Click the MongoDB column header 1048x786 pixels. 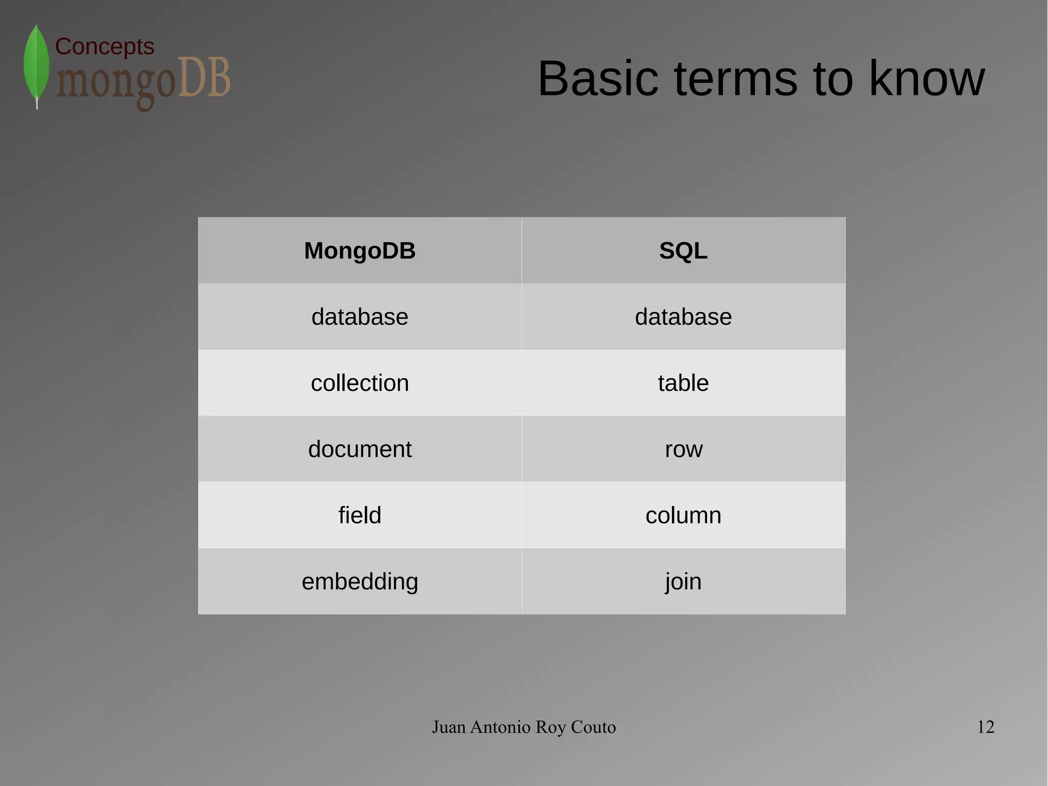pos(360,251)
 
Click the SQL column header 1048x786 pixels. pos(683,251)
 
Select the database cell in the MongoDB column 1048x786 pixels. pos(360,317)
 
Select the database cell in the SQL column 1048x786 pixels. pos(683,317)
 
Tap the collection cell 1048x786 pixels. pos(360,383)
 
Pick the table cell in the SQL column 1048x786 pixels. pos(683,383)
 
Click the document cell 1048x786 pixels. pos(360,449)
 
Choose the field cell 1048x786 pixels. pos(360,515)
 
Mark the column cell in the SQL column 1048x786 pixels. pos(683,515)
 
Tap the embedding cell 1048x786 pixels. pos(360,582)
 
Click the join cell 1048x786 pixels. pos(683,582)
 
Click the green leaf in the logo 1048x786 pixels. pos(36,64)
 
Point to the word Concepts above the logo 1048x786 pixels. pos(104,47)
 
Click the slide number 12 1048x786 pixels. pos(986,727)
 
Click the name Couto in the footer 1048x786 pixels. pos(593,727)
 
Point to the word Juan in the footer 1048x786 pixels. pos(449,727)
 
